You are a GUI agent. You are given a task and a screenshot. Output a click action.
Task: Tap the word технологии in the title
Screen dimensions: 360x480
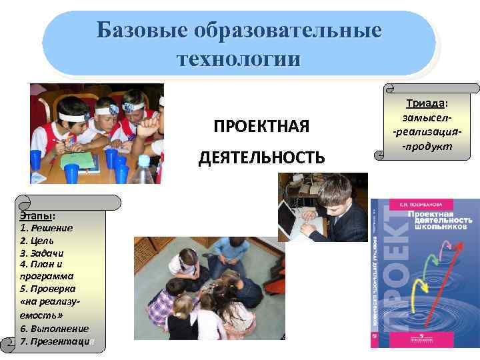238,58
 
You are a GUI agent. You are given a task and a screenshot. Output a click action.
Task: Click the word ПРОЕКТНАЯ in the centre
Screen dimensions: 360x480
261,126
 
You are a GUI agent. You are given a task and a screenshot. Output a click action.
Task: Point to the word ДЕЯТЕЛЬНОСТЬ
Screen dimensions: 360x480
261,157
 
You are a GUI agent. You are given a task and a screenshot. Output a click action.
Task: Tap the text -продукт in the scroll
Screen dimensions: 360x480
427,146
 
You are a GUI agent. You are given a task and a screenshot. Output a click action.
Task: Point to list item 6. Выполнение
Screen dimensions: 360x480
54,329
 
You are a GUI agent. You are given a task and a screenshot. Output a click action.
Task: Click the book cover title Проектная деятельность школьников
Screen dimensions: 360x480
439,220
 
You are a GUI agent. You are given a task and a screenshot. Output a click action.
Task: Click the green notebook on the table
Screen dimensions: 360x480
77,160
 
